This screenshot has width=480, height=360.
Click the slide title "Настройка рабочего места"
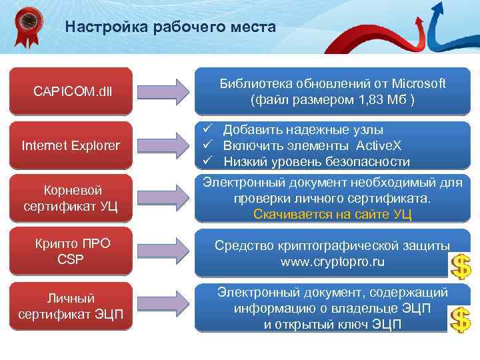coord(170,27)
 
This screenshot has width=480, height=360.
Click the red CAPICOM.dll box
coord(73,91)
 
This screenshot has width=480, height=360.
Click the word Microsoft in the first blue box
coord(419,84)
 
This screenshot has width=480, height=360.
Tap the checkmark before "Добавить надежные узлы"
coord(209,130)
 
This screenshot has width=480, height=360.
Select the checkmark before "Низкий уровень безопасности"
coord(209,162)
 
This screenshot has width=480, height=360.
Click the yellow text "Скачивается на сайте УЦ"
coord(332,214)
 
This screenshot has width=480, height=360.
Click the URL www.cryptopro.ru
coord(332,262)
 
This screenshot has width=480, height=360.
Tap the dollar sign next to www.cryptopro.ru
coord(460,267)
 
